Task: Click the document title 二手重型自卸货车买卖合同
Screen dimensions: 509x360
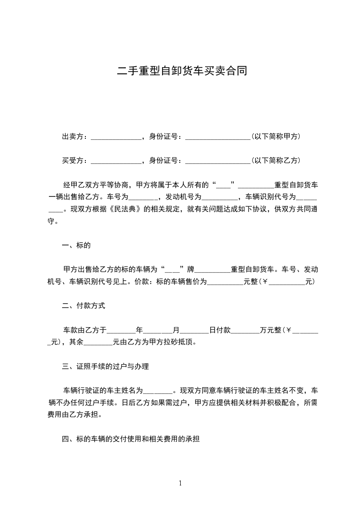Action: (182, 71)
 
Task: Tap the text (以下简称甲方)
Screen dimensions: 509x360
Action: (276, 137)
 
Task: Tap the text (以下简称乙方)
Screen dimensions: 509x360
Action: (276, 161)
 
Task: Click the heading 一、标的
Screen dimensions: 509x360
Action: (76, 246)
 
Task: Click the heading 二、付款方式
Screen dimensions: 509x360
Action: (84, 306)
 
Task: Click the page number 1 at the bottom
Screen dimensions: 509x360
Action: (180, 483)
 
